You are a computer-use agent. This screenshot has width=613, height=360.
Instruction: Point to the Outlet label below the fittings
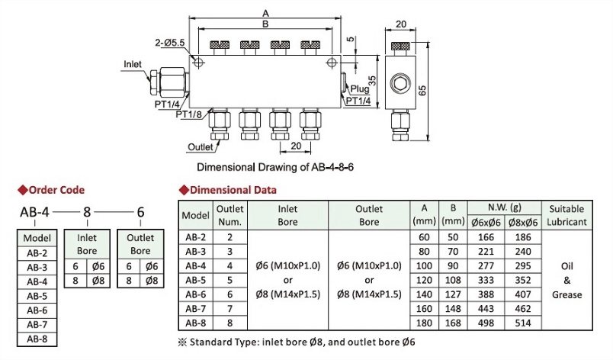[198, 147]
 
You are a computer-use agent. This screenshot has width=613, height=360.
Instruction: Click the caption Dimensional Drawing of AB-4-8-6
[274, 166]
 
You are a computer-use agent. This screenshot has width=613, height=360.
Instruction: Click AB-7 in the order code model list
[37, 324]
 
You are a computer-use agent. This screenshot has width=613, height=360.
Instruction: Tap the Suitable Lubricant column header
[566, 215]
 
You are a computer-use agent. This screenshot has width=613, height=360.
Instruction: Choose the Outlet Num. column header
[229, 215]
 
